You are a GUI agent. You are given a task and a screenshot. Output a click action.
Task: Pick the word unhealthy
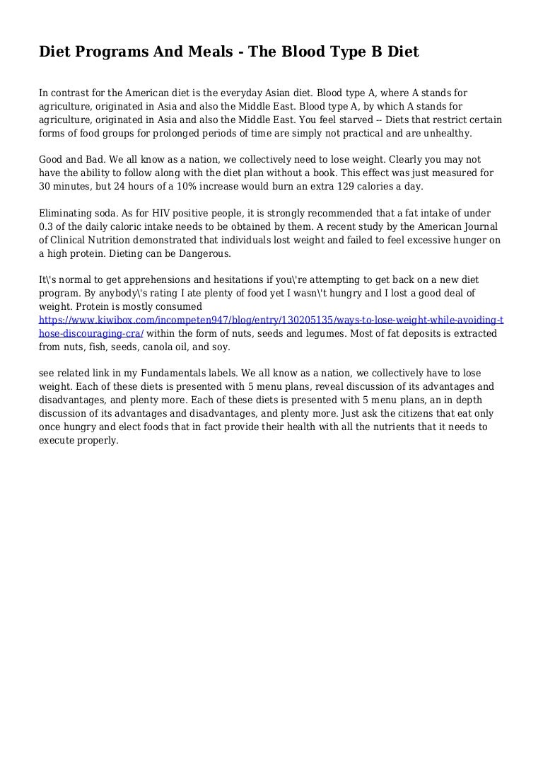pos(447,133)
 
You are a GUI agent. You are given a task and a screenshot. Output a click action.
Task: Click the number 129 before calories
pos(333,187)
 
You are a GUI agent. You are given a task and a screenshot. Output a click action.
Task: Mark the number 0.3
pos(48,227)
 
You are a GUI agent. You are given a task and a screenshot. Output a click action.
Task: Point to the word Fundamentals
pos(169,374)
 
